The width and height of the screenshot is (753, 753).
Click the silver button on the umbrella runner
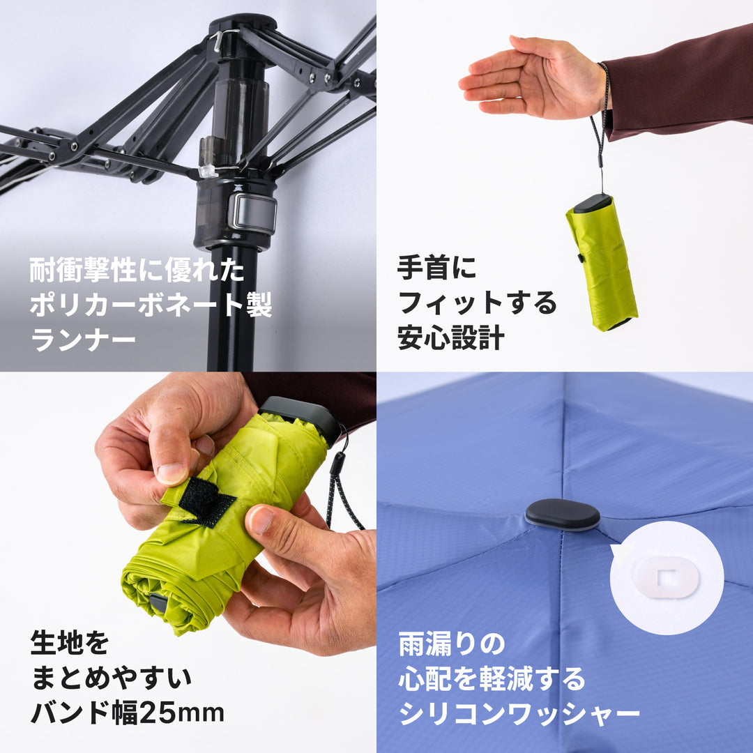(252, 213)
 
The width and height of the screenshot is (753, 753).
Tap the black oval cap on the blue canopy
(562, 515)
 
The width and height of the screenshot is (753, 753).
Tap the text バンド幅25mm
(128, 712)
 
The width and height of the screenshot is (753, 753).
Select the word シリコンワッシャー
(519, 713)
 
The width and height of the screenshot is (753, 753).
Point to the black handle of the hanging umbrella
(593, 203)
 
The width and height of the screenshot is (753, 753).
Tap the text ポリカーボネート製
(151, 305)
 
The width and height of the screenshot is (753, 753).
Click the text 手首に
(436, 268)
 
